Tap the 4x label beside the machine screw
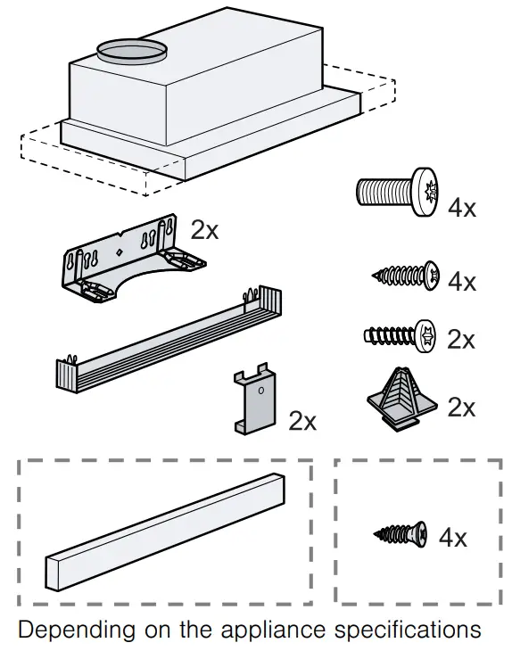click(462, 209)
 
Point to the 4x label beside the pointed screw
click(462, 283)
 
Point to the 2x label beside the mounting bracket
click(204, 230)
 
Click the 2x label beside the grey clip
click(301, 421)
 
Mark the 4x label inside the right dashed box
click(453, 538)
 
